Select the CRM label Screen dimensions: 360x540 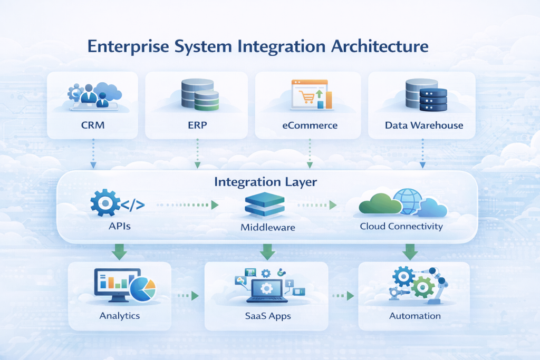pyautogui.click(x=92, y=125)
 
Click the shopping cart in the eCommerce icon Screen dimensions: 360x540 pyautogui.click(x=306, y=97)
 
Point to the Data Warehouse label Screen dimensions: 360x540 pyautogui.click(x=424, y=125)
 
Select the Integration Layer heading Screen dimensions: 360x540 pyautogui.click(x=265, y=182)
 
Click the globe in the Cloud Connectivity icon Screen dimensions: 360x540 pyautogui.click(x=407, y=202)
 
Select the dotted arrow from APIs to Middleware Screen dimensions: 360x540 pyautogui.click(x=187, y=205)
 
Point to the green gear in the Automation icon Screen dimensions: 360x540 pyautogui.click(x=422, y=288)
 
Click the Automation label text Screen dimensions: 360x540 pyautogui.click(x=415, y=316)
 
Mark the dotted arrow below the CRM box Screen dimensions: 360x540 pyautogui.click(x=93, y=153)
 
